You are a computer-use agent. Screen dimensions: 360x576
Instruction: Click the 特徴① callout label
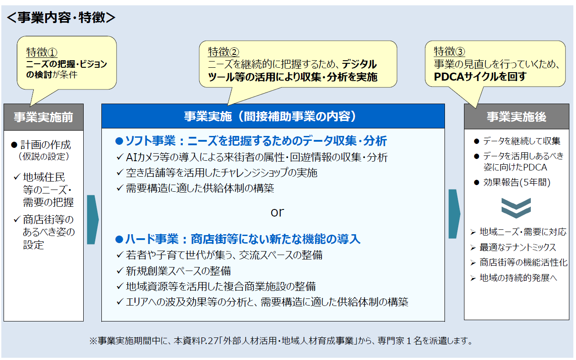(42, 52)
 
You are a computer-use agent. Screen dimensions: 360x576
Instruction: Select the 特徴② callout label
(223, 52)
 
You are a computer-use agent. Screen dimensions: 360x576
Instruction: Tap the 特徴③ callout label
(449, 51)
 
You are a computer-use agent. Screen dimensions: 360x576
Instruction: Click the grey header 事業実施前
(43, 117)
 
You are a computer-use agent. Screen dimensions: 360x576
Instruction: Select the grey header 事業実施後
(516, 117)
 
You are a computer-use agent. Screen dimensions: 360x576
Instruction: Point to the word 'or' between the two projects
(277, 212)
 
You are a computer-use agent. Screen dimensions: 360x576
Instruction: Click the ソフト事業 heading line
(251, 141)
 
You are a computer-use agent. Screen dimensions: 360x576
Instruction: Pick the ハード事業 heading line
(238, 240)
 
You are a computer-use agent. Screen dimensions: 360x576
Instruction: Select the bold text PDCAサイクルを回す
(480, 77)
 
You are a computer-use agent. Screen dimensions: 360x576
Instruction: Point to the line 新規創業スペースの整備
(178, 271)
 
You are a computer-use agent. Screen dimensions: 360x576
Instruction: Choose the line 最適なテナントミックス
(518, 248)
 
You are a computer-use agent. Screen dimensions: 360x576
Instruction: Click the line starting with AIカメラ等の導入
(257, 157)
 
